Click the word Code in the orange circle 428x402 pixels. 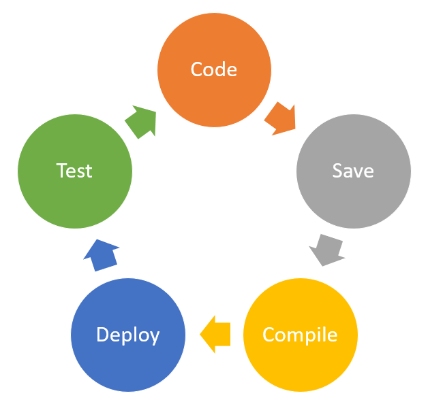tap(214, 69)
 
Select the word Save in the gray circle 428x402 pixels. tap(353, 170)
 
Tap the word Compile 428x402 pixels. tap(300, 335)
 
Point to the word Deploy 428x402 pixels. tap(128, 335)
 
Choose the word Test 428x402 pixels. tap(74, 170)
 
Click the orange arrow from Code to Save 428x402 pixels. tap(281, 119)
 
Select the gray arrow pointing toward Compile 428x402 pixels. tap(326, 250)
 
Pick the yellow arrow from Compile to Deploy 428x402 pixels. tap(215, 334)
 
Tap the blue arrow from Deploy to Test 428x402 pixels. tap(101, 255)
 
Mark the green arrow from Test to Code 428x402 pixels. tap(141, 121)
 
